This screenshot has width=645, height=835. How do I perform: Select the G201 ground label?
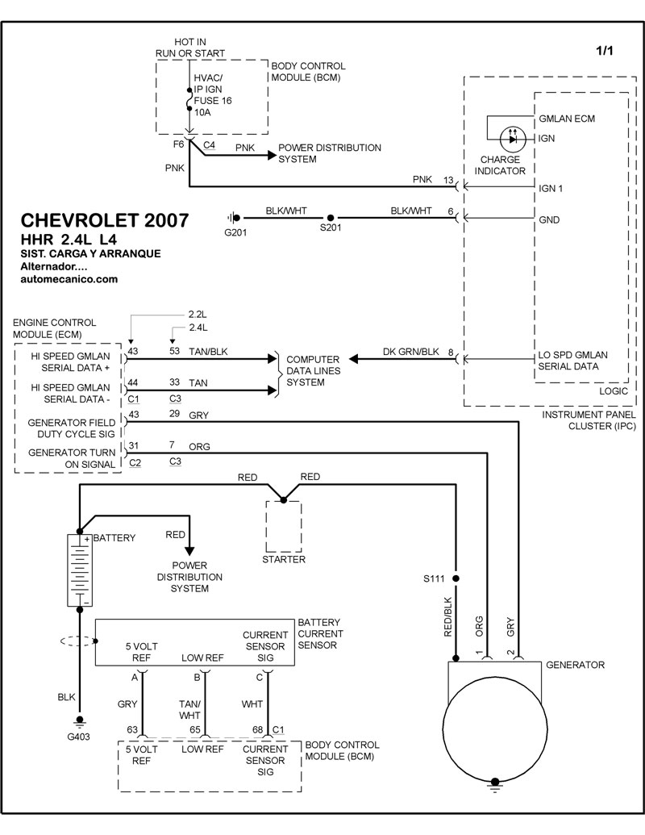235,233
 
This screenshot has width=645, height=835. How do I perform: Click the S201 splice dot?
330,218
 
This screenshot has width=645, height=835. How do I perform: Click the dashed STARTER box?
283,525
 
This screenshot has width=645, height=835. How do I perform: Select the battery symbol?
78,570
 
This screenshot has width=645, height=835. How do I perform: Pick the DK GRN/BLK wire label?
412,351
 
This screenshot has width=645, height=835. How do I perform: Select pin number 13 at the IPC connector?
448,179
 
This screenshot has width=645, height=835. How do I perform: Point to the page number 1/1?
605,51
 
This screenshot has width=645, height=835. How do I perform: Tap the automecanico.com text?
69,279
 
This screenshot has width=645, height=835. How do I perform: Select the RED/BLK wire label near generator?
448,617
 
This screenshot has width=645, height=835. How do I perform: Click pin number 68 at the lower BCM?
256,730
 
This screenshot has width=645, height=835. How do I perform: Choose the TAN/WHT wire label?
190,709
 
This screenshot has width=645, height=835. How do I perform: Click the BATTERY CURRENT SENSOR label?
320,633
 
